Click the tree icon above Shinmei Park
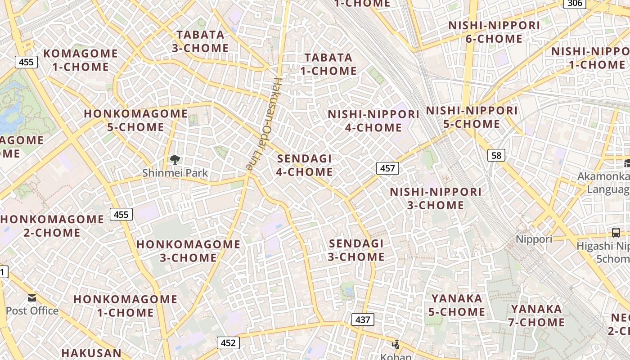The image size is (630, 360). (x=175, y=159)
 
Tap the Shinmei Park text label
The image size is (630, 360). (x=175, y=173)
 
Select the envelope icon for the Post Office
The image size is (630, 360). (x=32, y=298)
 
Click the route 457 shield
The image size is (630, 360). (x=387, y=168)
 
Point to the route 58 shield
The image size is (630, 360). (x=496, y=156)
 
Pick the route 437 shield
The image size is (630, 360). (x=362, y=320)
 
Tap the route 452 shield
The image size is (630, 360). (x=228, y=343)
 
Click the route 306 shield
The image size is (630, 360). (x=575, y=4)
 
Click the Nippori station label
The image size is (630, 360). (x=534, y=239)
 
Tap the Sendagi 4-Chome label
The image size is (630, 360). (x=305, y=165)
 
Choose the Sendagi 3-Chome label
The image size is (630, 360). (x=356, y=250)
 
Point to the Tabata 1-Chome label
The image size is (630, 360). (x=328, y=64)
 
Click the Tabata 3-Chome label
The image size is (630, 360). (x=200, y=41)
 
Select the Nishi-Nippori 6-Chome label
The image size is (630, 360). (x=494, y=32)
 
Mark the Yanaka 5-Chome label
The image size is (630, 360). (x=457, y=305)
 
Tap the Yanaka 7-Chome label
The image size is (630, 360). (x=536, y=315)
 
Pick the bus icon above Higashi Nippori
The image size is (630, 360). (x=616, y=233)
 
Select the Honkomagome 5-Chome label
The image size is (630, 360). (x=135, y=120)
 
